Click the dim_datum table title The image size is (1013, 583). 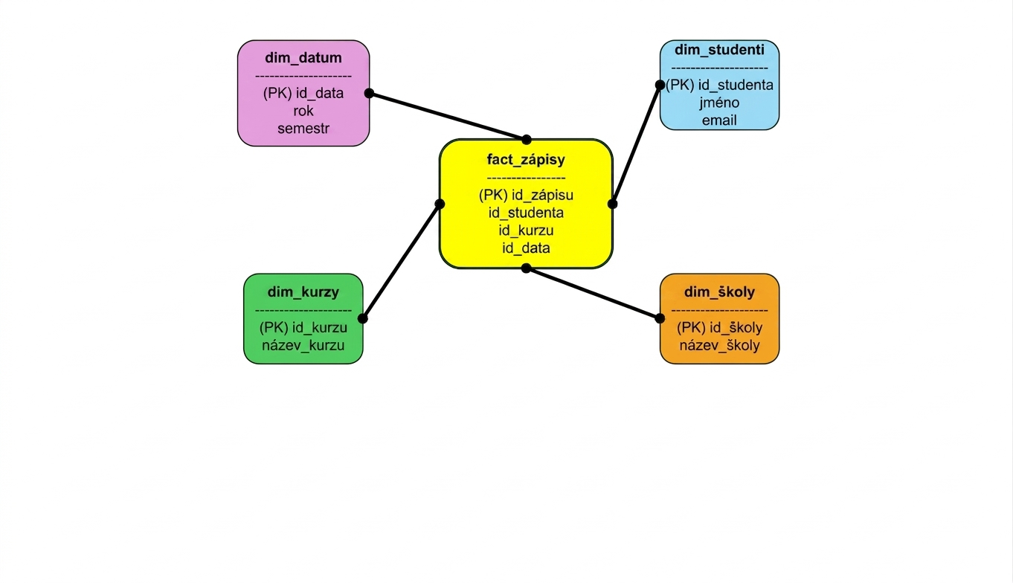(303, 58)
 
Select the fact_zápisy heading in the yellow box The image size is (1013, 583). (526, 160)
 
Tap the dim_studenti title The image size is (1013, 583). (719, 50)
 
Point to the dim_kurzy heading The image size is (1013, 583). (303, 292)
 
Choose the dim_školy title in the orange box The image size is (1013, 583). (719, 292)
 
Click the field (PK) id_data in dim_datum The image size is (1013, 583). (303, 93)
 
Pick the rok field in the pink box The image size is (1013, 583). (303, 111)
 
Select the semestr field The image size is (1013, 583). (303, 129)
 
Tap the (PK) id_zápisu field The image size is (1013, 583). (526, 195)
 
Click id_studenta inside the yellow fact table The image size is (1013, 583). (526, 213)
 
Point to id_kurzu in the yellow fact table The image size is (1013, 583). (526, 231)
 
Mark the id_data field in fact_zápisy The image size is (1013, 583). (526, 248)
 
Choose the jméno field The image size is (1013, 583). (719, 103)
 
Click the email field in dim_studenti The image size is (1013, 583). (719, 120)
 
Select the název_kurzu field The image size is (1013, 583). (303, 346)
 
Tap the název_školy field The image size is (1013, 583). (719, 346)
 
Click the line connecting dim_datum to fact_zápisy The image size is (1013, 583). (448, 117)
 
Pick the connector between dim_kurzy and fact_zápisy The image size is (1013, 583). (401, 262)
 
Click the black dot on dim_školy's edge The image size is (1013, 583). (660, 318)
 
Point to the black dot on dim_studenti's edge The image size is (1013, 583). (660, 85)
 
